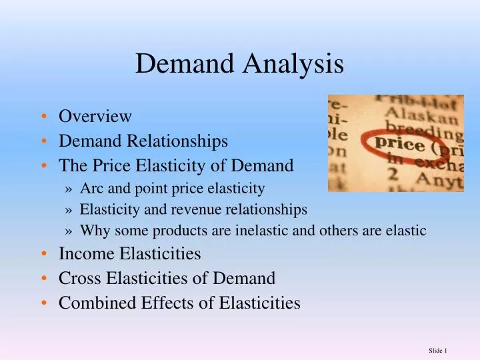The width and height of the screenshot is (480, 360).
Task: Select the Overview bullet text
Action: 95,116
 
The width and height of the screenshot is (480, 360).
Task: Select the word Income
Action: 83,253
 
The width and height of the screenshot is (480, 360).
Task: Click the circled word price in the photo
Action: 400,144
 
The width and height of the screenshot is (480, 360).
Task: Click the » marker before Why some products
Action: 71,231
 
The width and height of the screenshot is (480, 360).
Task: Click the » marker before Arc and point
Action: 71,189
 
